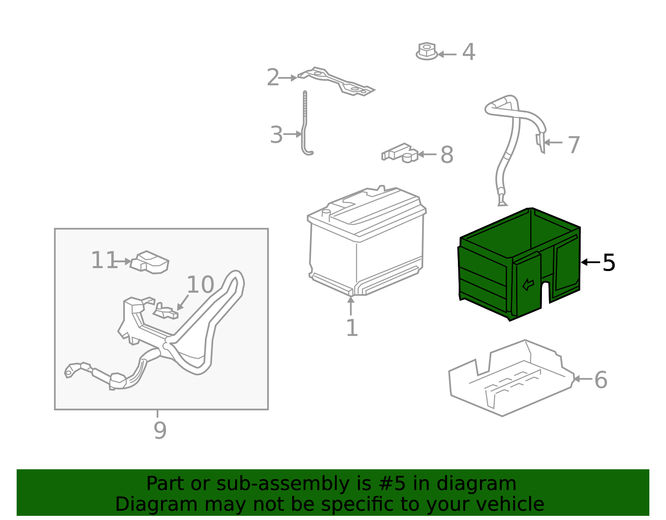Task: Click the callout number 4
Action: (469, 52)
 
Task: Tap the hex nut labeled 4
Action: (427, 51)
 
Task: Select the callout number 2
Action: (273, 77)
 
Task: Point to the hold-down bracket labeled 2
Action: (336, 82)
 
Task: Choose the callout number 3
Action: (276, 134)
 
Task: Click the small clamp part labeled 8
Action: (400, 153)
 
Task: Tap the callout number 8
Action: (447, 155)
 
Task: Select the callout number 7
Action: (574, 145)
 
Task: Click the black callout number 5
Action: (609, 263)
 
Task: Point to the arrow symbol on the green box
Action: (528, 284)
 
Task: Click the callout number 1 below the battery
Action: (352, 328)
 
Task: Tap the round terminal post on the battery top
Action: (326, 215)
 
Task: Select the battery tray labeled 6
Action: (511, 378)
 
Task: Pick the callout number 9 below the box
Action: (160, 430)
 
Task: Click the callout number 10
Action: (201, 284)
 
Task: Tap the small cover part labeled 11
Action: (149, 262)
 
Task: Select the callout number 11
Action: (104, 260)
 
